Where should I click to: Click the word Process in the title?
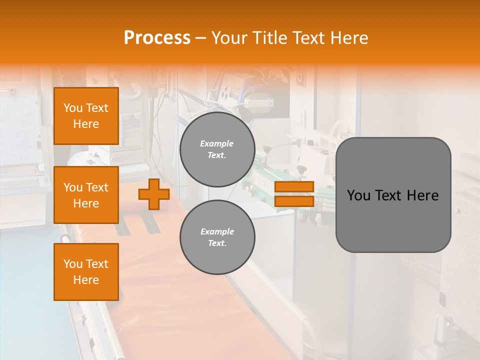(157, 38)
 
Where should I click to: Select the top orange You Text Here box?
(86, 116)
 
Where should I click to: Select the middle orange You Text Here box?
(86, 195)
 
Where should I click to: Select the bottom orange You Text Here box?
(86, 272)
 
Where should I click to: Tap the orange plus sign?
(154, 194)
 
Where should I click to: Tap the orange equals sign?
(294, 194)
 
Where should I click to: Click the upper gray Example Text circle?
(217, 149)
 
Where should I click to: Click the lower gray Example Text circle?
(217, 237)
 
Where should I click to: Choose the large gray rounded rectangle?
(393, 194)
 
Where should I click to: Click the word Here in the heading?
(349, 38)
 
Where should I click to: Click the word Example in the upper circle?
(217, 143)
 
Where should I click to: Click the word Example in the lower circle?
(217, 231)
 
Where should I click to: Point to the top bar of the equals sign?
(294, 187)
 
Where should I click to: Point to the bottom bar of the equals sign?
(294, 201)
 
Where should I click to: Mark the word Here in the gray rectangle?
(423, 195)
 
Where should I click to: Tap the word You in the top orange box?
(73, 108)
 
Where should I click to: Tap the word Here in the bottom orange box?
(86, 280)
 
